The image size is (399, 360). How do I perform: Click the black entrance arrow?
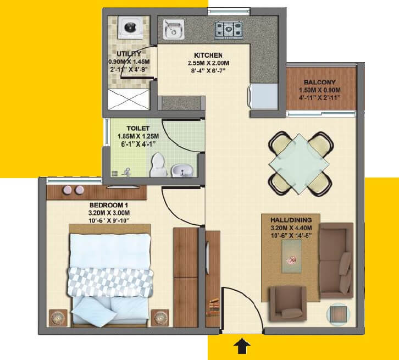click(x=242, y=346)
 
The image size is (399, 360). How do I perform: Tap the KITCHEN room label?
click(x=208, y=56)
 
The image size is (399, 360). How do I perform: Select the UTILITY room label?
click(x=129, y=54)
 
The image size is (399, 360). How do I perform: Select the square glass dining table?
click(x=300, y=163)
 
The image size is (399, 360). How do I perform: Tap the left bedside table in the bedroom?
click(x=58, y=318)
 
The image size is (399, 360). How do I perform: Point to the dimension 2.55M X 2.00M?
click(x=208, y=64)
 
